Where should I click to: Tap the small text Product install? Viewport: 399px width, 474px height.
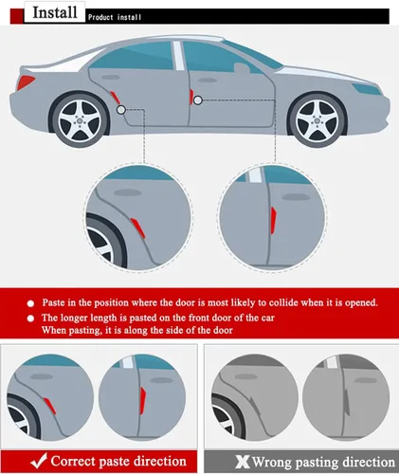coord(118,17)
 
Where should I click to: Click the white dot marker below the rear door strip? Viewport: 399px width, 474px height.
coord(120,110)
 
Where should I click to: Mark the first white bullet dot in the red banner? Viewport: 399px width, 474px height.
coord(29,302)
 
